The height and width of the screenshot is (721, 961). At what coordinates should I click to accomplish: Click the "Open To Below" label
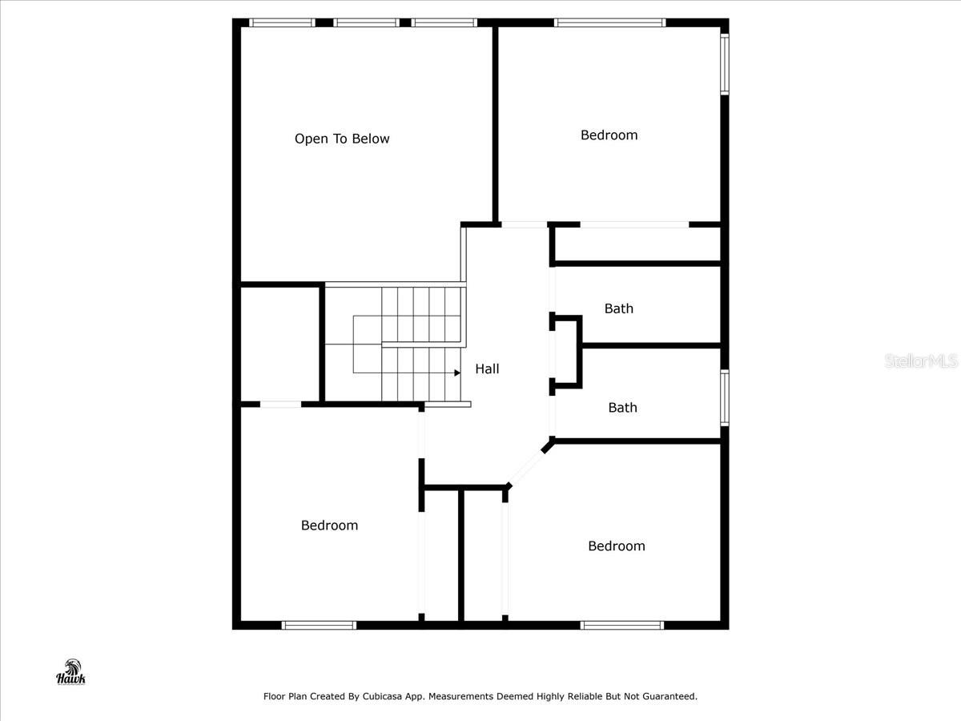click(342, 139)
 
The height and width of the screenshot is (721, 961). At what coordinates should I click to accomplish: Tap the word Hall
click(487, 369)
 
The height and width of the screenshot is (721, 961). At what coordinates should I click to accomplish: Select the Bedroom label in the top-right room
click(609, 135)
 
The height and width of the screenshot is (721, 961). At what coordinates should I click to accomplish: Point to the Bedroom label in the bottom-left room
click(329, 526)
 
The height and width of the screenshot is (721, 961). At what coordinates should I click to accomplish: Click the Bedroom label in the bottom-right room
click(616, 546)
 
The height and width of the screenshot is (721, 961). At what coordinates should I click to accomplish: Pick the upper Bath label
click(618, 308)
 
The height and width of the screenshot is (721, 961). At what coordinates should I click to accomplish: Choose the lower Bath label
click(622, 408)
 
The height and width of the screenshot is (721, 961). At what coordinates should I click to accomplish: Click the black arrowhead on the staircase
click(457, 373)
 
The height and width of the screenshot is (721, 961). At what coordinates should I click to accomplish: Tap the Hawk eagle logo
click(70, 672)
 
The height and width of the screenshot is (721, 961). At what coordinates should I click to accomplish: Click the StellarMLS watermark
click(921, 361)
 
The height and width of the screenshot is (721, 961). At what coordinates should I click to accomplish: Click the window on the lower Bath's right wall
click(724, 397)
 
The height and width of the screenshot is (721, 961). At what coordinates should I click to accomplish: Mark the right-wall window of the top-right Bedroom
click(724, 63)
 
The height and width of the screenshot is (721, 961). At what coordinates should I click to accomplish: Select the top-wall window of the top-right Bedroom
click(609, 22)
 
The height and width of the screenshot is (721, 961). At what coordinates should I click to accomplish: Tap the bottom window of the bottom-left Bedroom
click(319, 625)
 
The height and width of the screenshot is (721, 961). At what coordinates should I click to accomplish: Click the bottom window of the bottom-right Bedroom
click(622, 625)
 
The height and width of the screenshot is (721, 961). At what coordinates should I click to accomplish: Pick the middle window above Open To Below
click(366, 22)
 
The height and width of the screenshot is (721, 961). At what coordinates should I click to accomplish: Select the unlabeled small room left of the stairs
click(280, 343)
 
